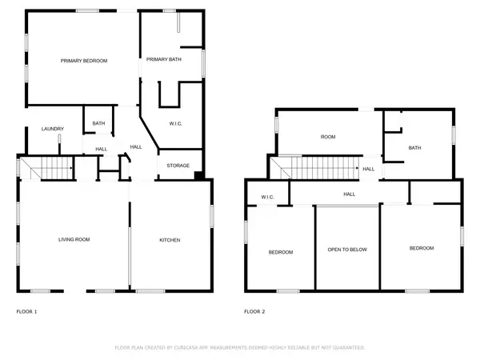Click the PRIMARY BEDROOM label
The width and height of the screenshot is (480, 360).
point(85,61)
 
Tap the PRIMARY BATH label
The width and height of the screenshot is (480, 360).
point(163,60)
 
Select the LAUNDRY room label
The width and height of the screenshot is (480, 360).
point(53,129)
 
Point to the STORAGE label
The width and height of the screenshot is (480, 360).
point(178,166)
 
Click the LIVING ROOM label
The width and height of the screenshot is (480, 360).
point(73,240)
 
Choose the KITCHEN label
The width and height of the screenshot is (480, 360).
point(169,240)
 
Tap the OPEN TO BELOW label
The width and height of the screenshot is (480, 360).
point(347,250)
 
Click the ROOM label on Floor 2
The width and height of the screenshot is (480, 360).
point(328,137)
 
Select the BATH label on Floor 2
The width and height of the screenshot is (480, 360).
point(414,147)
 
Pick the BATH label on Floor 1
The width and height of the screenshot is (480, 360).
point(98,123)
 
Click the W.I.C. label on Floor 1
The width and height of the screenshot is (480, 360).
point(177,123)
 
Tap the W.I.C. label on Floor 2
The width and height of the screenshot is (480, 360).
point(268,197)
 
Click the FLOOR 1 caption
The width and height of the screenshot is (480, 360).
point(26,311)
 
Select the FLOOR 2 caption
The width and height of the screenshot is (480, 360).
point(255,311)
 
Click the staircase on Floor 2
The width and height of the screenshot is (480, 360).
point(320,169)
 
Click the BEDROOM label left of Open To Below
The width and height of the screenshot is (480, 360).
point(280,252)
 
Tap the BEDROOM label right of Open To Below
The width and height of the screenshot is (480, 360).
point(422,248)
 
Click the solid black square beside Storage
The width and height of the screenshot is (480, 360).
point(198,175)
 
